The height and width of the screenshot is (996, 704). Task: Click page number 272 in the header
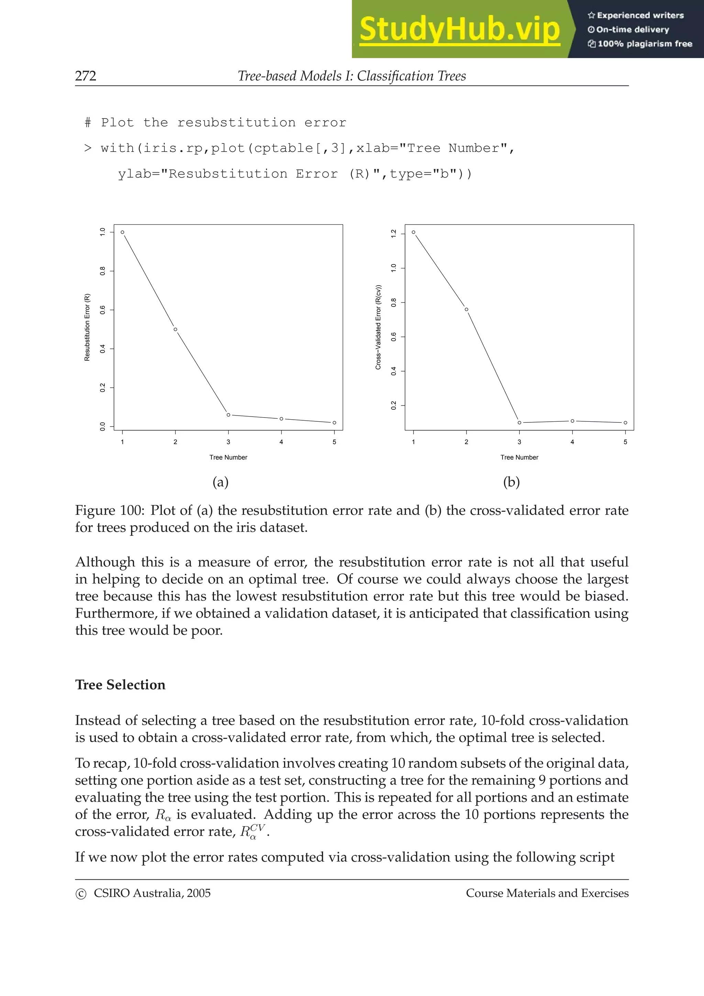86,76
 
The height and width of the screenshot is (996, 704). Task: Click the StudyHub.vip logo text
459,30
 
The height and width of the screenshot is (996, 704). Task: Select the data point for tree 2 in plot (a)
175,329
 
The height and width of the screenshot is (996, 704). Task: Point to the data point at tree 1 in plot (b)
414,232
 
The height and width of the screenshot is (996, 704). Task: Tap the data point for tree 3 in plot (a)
229,415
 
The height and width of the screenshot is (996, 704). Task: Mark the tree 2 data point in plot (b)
466,309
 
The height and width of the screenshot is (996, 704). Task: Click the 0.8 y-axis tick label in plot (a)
103,271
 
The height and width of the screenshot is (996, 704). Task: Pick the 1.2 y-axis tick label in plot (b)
394,233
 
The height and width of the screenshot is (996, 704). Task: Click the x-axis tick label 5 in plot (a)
334,442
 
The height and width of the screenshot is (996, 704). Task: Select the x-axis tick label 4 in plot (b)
572,442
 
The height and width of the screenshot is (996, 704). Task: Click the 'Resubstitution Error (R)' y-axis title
87,328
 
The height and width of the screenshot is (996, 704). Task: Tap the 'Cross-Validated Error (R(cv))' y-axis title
378,328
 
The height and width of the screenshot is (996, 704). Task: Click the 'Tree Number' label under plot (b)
519,457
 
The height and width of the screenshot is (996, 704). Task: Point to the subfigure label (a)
220,482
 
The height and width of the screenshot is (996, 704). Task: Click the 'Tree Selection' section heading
120,685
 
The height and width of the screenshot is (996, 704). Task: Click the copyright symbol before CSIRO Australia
81,894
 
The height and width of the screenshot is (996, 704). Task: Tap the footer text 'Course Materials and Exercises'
547,893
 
